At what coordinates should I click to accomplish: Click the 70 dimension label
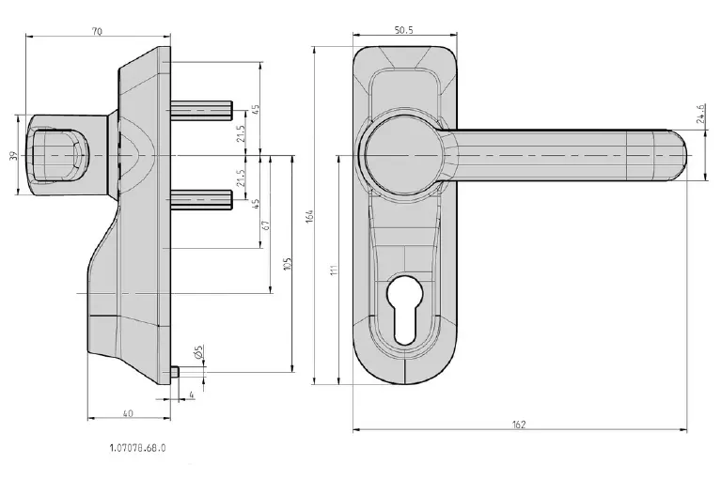(98, 31)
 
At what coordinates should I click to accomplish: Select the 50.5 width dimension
(404, 30)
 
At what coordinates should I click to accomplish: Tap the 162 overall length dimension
(519, 424)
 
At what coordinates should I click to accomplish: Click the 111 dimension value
(333, 270)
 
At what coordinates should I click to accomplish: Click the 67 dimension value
(265, 225)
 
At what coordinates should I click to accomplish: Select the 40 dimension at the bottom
(128, 411)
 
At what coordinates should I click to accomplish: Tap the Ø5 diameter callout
(198, 354)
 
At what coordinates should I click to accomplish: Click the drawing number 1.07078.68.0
(136, 448)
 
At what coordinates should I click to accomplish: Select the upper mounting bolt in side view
(202, 106)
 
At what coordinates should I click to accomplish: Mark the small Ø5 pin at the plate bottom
(176, 371)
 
